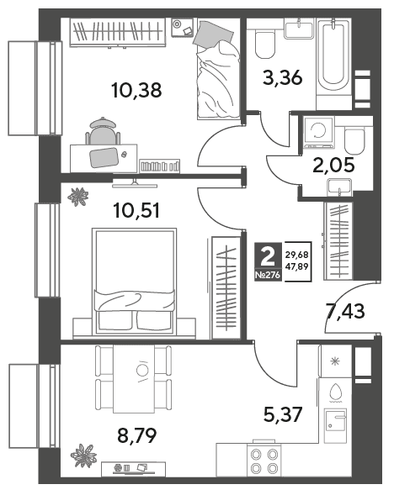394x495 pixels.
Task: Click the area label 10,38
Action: coord(136,90)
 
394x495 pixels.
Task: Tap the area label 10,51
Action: coord(136,211)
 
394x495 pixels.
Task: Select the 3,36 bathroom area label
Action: coord(282,77)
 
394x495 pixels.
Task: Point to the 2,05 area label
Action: coord(333,165)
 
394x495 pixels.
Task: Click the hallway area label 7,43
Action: coord(345,311)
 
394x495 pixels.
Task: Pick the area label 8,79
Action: coord(137,435)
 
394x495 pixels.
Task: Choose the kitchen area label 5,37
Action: coord(283,414)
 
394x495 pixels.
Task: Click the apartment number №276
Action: coord(268,276)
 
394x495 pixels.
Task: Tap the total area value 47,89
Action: coord(296,266)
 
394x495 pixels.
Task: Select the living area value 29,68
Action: coord(296,255)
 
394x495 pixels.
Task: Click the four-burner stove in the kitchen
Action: coord(264,461)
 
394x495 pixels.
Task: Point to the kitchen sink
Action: coord(336,425)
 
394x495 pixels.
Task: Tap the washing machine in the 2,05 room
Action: coord(318,132)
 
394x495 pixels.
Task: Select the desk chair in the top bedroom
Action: coord(103,132)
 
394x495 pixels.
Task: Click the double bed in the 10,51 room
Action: coord(134,281)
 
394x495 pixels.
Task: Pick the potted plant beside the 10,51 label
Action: coord(77,197)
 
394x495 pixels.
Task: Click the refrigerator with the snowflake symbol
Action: coord(335,361)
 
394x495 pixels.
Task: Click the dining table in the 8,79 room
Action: coord(134,379)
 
